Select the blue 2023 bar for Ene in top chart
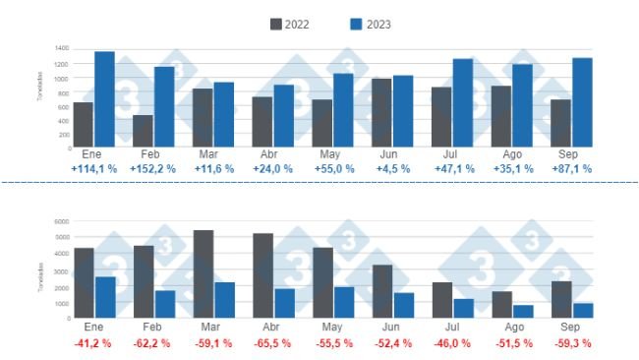click(104, 99)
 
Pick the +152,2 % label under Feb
click(153, 169)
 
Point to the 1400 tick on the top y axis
click(61, 48)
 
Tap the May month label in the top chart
click(332, 154)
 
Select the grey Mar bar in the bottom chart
click(203, 274)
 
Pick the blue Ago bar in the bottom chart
click(523, 311)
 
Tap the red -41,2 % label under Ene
click(94, 343)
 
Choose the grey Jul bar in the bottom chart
click(441, 300)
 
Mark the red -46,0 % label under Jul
click(452, 343)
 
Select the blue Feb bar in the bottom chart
click(164, 304)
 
